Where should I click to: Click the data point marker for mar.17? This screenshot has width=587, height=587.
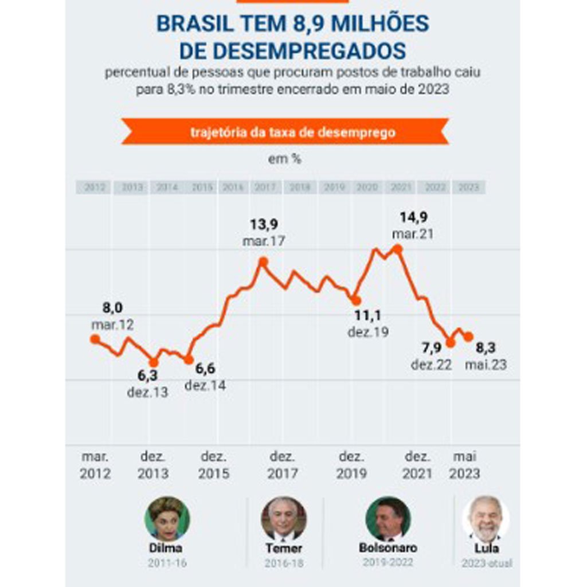tap(263, 262)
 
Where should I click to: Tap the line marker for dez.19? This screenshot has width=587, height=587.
tap(356, 300)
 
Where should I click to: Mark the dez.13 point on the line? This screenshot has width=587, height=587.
tap(153, 362)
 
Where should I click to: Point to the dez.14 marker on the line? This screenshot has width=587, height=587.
tap(188, 359)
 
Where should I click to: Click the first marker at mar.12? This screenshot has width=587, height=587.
tap(95, 339)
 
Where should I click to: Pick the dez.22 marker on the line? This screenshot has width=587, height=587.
tap(451, 343)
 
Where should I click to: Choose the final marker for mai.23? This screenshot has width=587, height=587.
tap(468, 336)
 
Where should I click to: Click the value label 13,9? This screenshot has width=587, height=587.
tap(263, 224)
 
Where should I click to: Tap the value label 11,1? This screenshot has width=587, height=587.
tap(367, 315)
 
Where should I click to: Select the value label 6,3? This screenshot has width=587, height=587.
tap(147, 375)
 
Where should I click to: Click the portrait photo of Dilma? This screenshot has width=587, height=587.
tap(167, 519)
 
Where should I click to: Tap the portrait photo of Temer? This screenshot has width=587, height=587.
tap(283, 519)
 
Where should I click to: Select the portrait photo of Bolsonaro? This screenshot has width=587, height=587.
tap(388, 519)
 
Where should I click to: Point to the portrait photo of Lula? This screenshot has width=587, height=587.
tap(486, 519)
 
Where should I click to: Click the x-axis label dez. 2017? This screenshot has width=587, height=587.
tap(283, 465)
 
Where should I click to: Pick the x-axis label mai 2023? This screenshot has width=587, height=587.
tap(464, 465)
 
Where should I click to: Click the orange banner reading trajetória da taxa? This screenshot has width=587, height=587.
tap(285, 132)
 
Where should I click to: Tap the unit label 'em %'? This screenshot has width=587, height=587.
tap(285, 159)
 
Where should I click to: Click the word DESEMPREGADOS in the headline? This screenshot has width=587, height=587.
tap(292, 51)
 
